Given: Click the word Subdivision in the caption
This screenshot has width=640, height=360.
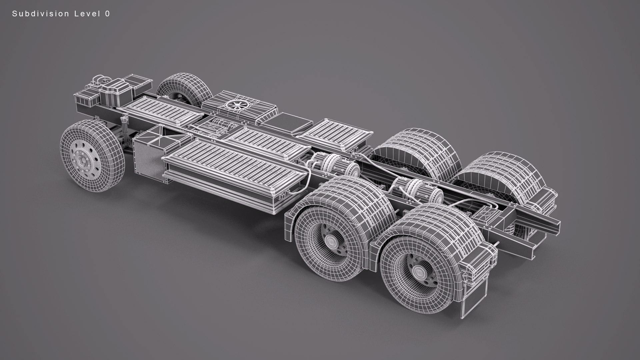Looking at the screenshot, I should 41,14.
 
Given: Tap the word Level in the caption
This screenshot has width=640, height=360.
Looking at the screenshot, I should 86,14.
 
